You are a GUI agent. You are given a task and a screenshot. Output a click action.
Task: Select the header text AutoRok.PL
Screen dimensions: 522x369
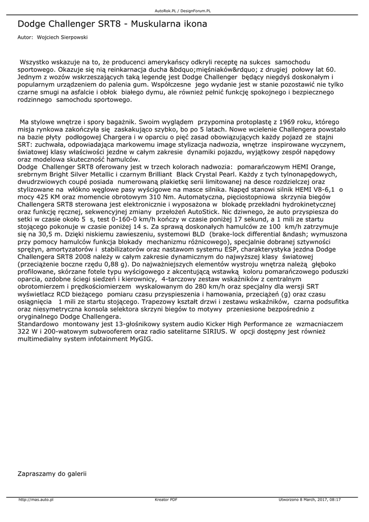(166, 10)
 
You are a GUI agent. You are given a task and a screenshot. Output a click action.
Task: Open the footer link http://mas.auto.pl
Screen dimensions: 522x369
(36, 500)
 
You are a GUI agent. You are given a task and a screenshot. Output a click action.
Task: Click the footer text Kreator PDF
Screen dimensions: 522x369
(166, 500)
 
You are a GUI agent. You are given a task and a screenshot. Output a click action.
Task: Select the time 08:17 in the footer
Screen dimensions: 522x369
(334, 500)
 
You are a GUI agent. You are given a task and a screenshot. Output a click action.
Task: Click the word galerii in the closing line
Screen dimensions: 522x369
(76, 474)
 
